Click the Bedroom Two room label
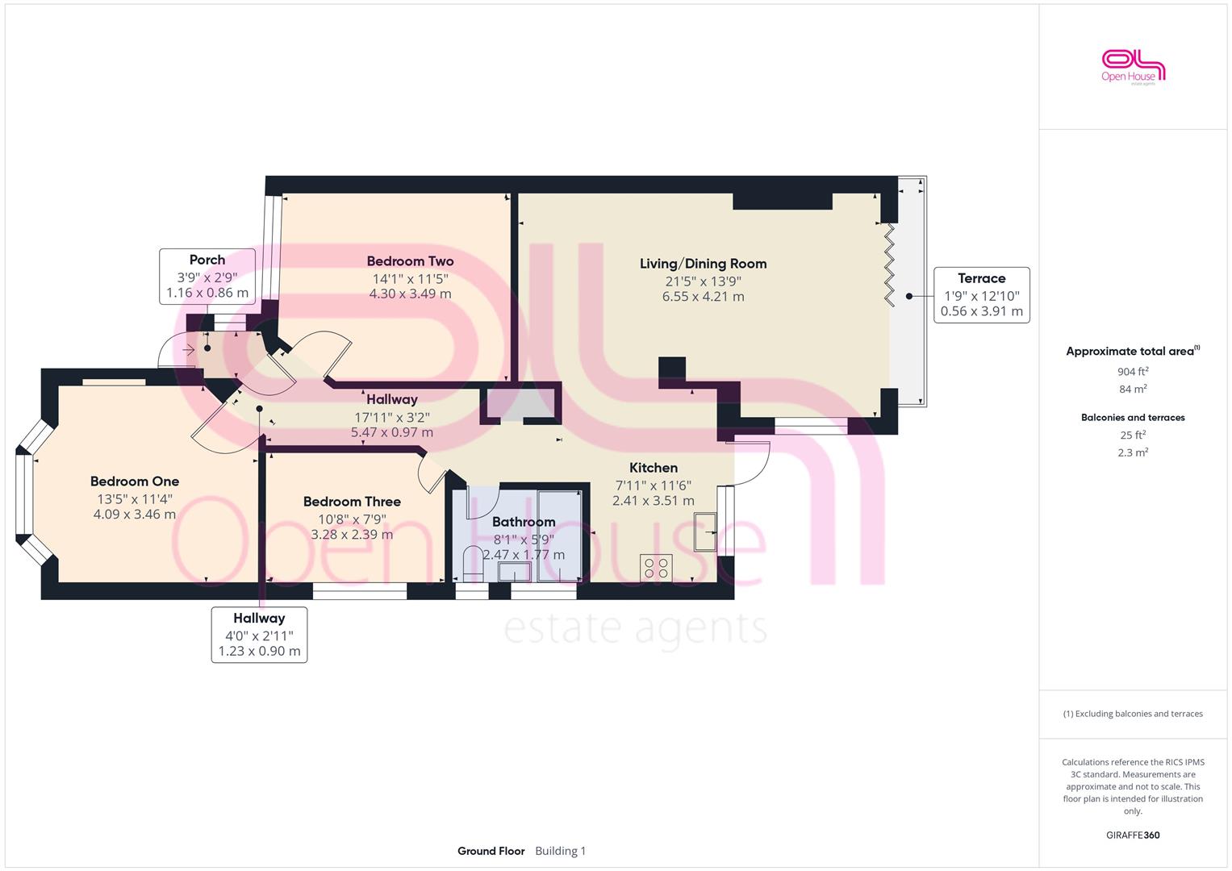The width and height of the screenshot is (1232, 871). tap(411, 261)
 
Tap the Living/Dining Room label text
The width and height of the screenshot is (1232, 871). tap(703, 264)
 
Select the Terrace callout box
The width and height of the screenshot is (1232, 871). tap(982, 295)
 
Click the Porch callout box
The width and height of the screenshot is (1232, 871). tap(207, 277)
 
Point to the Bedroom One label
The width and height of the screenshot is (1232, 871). tap(135, 481)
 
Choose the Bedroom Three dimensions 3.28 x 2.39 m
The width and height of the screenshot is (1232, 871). tap(352, 535)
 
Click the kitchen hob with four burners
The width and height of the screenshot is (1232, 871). tap(656, 568)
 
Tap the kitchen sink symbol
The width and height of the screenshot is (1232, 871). tap(705, 531)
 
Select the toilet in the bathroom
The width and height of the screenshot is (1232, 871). tap(473, 564)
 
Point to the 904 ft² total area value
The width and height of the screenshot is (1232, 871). tap(1133, 372)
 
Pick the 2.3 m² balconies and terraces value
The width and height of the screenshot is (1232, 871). tap(1133, 452)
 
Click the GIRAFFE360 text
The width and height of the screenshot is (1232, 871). tap(1133, 836)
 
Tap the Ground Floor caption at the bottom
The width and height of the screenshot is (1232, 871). tap(491, 851)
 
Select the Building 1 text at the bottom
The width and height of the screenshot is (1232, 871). tap(561, 851)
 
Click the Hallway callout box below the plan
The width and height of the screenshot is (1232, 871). tap(259, 636)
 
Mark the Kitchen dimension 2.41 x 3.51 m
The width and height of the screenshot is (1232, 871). tap(654, 501)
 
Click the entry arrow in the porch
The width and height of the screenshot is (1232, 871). tap(189, 349)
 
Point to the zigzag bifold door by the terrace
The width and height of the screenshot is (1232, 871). tap(889, 265)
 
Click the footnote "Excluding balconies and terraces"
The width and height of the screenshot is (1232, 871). tap(1133, 714)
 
